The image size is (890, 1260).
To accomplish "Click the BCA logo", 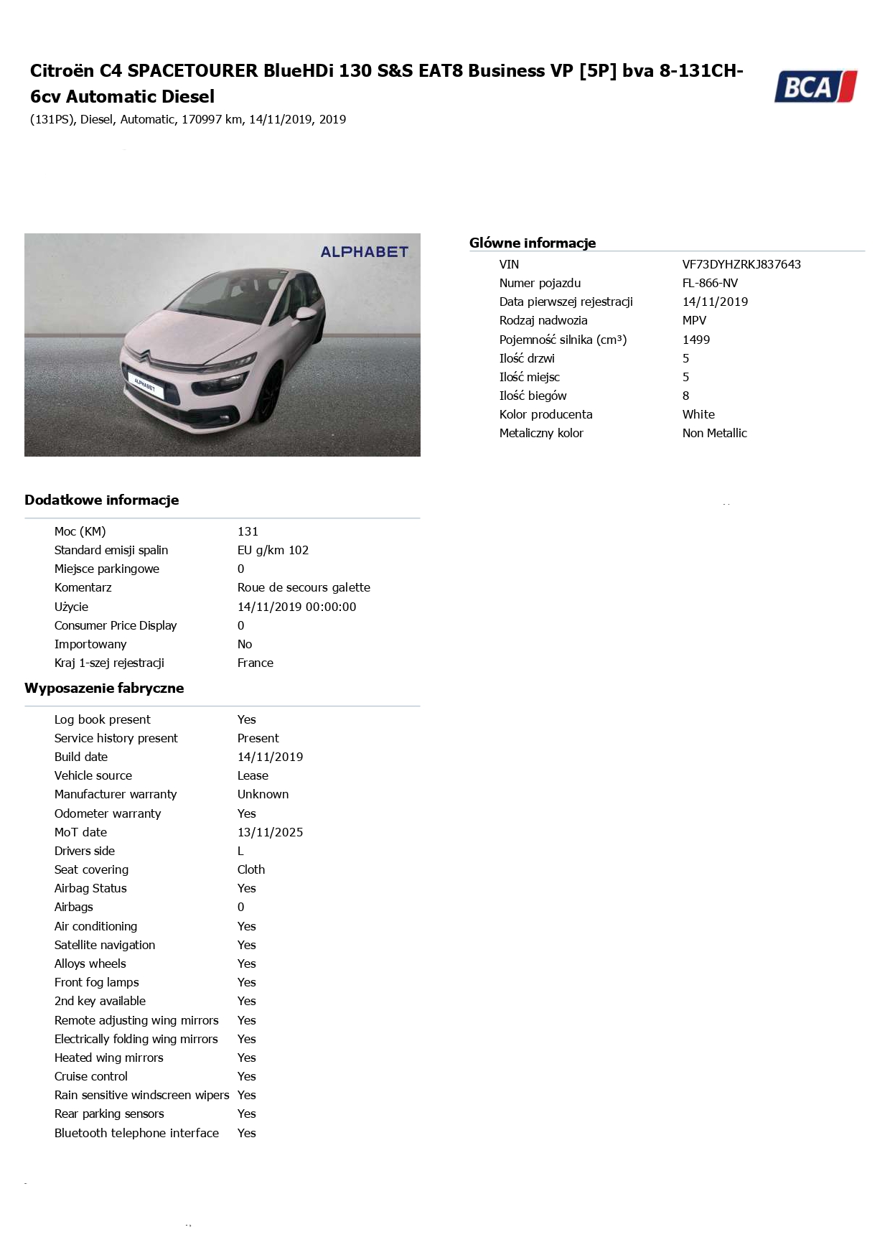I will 815,87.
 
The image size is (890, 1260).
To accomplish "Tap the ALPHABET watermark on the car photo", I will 364,252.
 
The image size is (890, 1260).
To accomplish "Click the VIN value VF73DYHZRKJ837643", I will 741,264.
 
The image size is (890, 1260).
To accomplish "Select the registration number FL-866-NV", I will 710,283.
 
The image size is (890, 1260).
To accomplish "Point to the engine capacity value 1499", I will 696,340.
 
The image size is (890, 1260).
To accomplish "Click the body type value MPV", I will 694,320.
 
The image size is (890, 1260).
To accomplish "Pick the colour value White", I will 698,414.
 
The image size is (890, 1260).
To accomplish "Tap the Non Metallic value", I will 714,433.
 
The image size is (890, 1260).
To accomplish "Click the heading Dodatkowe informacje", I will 102,500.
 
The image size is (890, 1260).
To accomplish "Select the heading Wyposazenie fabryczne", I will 104,689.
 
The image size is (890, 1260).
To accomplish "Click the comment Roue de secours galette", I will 304,587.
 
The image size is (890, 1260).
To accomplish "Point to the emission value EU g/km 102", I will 273,550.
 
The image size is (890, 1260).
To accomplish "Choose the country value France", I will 255,663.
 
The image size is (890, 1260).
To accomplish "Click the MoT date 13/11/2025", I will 270,832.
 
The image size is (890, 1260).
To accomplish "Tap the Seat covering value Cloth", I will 251,869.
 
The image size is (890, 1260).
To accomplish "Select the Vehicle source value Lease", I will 253,775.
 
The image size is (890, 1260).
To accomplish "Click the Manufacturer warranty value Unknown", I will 263,794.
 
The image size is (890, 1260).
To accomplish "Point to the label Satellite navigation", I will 105,945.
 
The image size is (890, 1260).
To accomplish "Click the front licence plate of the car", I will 146,386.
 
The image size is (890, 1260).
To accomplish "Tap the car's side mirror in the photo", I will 306,313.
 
